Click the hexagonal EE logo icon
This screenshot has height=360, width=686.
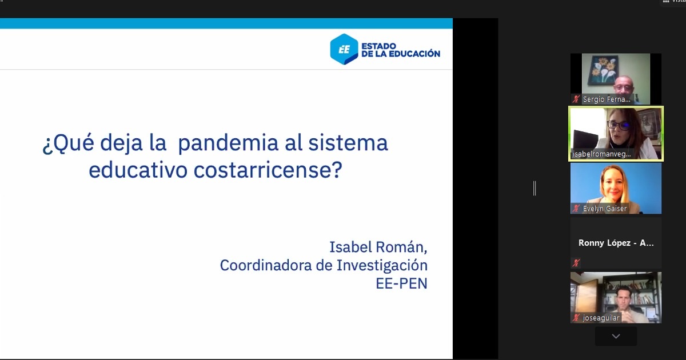click(344, 49)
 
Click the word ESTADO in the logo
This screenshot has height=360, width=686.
click(379, 46)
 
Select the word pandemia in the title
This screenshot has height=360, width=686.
click(228, 143)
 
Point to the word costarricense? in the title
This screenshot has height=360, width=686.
click(268, 170)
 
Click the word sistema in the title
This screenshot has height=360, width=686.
click(348, 143)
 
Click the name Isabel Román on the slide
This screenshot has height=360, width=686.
click(378, 247)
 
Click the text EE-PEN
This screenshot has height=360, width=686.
click(401, 283)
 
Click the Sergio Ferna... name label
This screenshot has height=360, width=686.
click(607, 99)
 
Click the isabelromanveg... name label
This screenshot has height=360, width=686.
click(601, 154)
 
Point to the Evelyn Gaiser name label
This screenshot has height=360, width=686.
click(605, 209)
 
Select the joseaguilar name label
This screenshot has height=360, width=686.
click(601, 318)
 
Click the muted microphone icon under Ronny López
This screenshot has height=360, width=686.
click(576, 263)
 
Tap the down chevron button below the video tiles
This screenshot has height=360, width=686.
click(616, 337)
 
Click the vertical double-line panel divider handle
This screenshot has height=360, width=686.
click(535, 188)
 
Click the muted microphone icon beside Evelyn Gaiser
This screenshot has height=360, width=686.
click(576, 209)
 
